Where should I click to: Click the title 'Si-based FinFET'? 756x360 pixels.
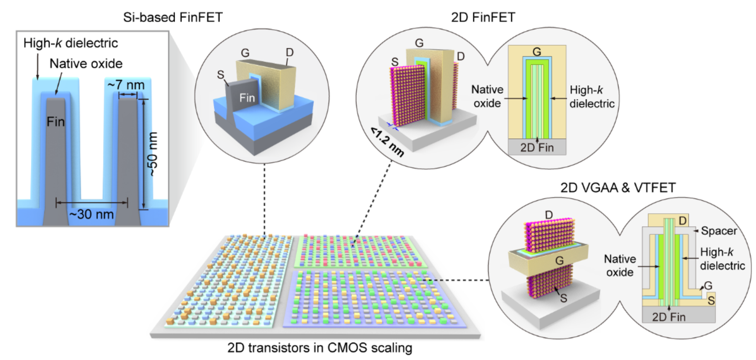[173, 17]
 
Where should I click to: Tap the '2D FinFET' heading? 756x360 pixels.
[483, 17]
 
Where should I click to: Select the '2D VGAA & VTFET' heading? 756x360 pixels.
[618, 187]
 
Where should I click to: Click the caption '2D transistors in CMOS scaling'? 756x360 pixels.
[320, 348]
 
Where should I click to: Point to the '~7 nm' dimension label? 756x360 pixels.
[126, 85]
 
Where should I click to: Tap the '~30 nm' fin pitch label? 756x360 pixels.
[91, 214]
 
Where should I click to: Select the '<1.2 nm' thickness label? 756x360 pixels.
[387, 142]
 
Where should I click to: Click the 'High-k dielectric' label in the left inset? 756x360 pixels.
[71, 43]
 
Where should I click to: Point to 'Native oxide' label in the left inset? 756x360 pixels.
[86, 64]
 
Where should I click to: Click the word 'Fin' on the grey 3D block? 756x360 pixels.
[247, 98]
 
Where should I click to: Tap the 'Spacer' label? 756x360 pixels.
[719, 231]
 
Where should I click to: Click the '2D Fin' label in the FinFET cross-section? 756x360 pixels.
[537, 148]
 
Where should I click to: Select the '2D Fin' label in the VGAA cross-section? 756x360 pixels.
[669, 317]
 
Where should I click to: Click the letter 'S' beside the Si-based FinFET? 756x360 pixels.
[221, 74]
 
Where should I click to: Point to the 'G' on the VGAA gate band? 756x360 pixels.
[559, 260]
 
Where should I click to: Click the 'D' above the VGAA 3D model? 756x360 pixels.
[549, 215]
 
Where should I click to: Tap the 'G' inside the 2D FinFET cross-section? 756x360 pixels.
[537, 52]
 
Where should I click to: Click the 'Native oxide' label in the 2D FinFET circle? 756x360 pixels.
[487, 96]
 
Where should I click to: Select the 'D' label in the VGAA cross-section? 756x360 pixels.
[682, 221]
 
